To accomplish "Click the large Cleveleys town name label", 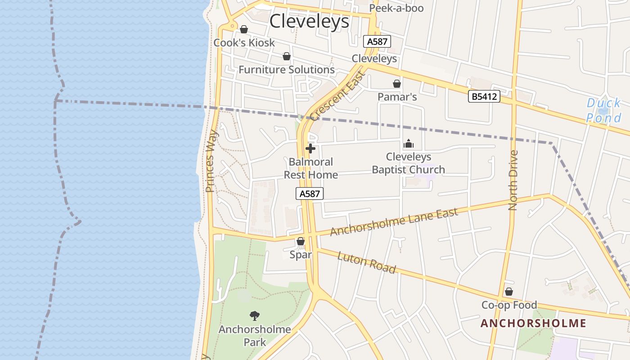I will click(x=310, y=21).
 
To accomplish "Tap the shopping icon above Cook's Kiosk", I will click(x=244, y=29).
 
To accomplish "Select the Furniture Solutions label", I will click(x=286, y=70).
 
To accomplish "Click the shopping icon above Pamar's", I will click(x=397, y=84).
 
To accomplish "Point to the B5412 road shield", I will click(x=484, y=96).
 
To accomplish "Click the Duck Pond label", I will click(x=603, y=111).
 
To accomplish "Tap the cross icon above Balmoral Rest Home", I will click(x=310, y=148).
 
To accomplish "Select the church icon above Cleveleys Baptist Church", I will click(x=409, y=144).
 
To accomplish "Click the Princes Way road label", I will click(x=211, y=161).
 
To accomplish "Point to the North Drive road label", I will click(x=513, y=180).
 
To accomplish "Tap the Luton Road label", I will click(x=366, y=263).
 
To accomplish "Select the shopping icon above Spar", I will click(x=301, y=242).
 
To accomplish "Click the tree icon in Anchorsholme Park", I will click(x=255, y=316).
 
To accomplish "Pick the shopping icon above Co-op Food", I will click(x=509, y=292).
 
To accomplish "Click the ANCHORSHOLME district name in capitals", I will click(x=533, y=323).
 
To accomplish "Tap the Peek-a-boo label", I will click(x=396, y=8).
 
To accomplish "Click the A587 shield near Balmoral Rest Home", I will click(x=310, y=193).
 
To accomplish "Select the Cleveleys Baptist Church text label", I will click(x=408, y=163).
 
